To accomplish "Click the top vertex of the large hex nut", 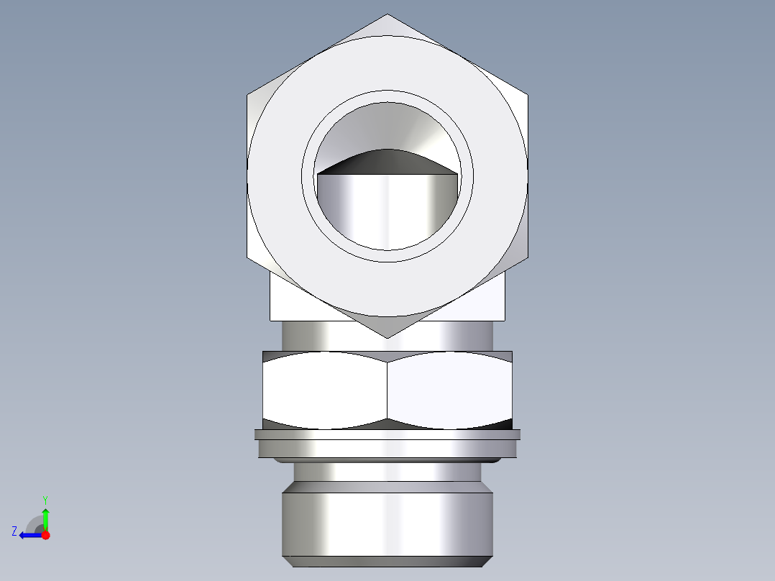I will (387, 15).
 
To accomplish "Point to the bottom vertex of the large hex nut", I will (387, 337).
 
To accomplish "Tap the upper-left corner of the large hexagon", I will (248, 93).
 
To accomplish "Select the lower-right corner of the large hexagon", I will (528, 258).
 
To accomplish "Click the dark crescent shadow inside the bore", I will (388, 163).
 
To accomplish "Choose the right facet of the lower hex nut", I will (450, 387).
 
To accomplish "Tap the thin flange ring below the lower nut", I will (387, 434).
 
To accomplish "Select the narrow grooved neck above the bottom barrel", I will (387, 472).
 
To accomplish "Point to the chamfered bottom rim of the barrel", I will (387, 561).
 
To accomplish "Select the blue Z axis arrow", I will (29, 535).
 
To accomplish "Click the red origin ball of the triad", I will (45, 535).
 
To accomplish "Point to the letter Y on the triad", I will (45, 499).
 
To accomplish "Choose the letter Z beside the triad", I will (14, 531).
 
